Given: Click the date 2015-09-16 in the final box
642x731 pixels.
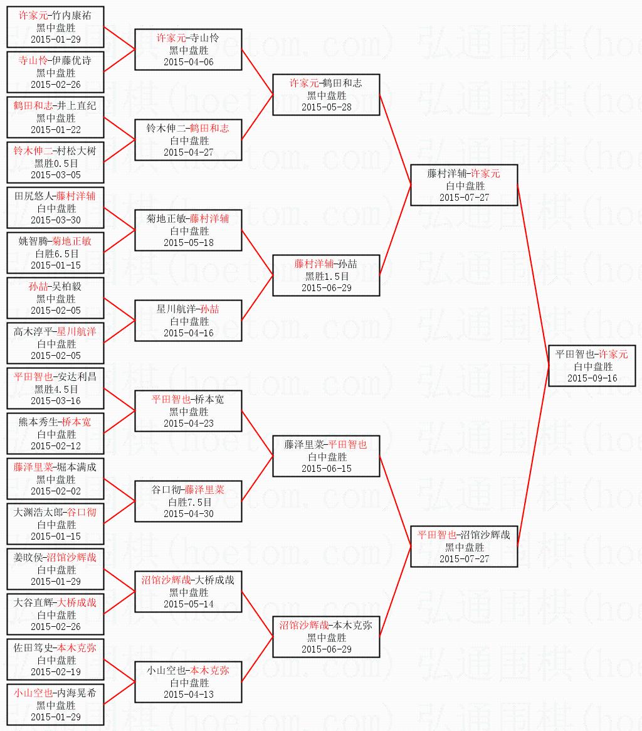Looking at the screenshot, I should pos(592,378).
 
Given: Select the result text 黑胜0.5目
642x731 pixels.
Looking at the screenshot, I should pos(56,163).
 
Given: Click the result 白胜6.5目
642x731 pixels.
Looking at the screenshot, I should pos(56,253).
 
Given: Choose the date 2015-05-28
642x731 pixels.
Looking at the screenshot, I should pos(326,107).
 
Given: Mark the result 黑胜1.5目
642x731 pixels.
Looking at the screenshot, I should pos(326,276).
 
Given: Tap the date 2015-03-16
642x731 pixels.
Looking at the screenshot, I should pos(56,401).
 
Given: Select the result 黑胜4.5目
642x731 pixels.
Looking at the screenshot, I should pos(56,389).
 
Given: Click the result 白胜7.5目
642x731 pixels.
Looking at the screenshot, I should pos(188,502).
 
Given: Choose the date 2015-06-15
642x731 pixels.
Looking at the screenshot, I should pos(326,469).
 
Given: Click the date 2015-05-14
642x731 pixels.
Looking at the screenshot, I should pos(188,604).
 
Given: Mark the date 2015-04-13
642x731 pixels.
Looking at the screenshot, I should pos(188,695).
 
